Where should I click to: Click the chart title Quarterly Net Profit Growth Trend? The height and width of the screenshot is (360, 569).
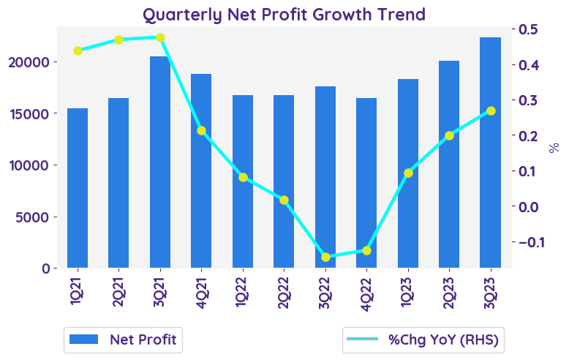click(x=284, y=14)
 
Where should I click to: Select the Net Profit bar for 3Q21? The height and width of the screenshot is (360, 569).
click(x=160, y=162)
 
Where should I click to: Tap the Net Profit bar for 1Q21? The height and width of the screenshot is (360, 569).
click(x=78, y=188)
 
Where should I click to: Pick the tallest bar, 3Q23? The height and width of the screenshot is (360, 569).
click(x=490, y=152)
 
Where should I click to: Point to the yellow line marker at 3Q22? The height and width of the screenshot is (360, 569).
click(x=325, y=257)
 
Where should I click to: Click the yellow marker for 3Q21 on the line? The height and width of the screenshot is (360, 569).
click(x=160, y=37)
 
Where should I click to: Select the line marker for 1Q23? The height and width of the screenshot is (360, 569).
click(x=408, y=173)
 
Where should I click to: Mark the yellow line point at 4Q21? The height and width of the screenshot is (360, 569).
click(x=201, y=130)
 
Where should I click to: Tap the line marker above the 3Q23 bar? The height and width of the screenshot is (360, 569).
click(x=491, y=111)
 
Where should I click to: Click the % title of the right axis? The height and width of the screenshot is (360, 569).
click(x=554, y=148)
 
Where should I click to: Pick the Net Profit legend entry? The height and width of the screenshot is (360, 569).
click(x=122, y=340)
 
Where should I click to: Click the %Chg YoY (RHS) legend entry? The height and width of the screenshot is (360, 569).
click(x=424, y=340)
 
